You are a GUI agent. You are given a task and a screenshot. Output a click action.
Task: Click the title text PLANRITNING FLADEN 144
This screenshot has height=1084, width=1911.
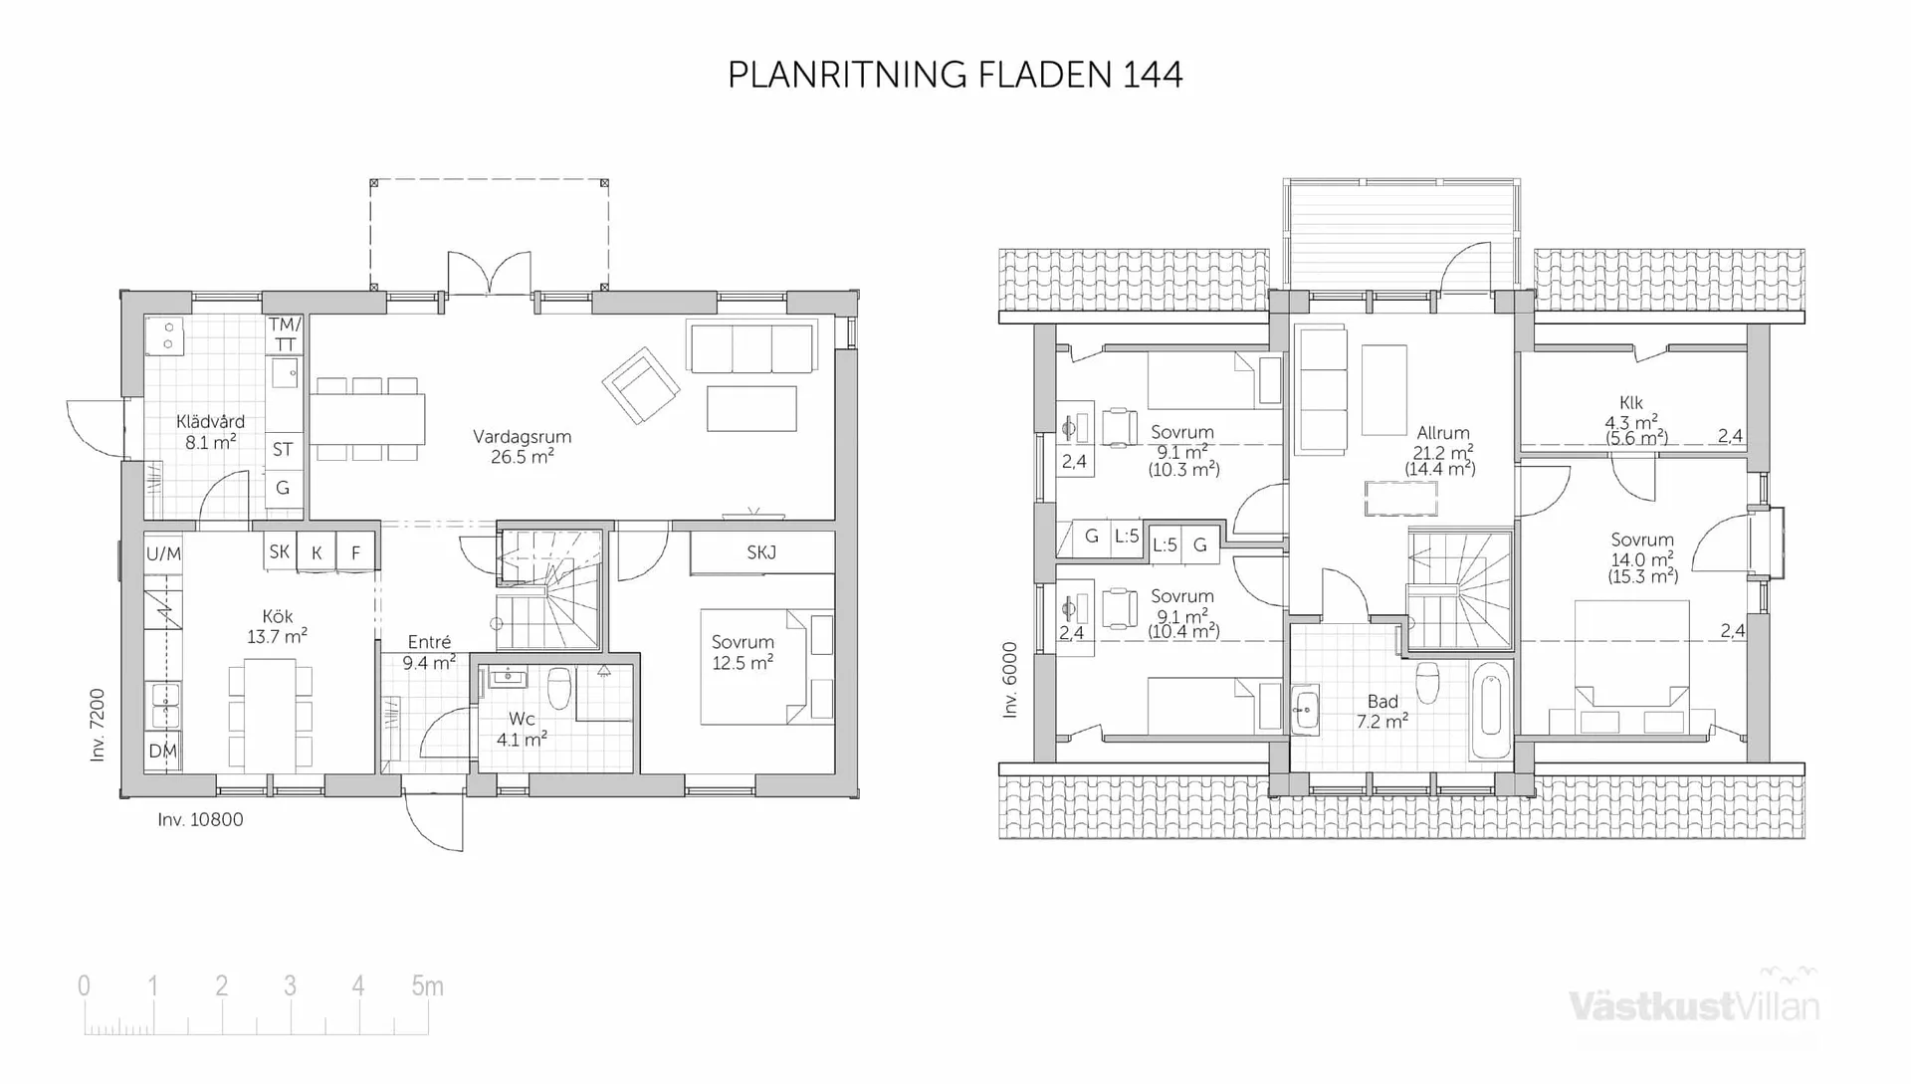click(955, 76)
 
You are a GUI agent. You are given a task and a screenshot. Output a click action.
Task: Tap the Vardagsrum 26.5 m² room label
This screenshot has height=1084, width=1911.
click(522, 447)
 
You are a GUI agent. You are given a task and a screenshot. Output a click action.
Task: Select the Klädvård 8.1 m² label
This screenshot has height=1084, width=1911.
click(210, 432)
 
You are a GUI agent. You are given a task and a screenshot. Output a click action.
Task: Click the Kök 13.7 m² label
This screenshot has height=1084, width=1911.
click(278, 626)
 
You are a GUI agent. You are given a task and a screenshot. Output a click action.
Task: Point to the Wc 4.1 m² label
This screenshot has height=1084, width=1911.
click(522, 729)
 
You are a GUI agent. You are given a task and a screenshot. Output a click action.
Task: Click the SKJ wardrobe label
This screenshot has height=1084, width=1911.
click(761, 552)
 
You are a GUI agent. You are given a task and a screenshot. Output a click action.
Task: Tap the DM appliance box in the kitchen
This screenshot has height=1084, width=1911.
click(162, 751)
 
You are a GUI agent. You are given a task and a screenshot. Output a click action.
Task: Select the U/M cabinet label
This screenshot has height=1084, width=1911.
click(163, 553)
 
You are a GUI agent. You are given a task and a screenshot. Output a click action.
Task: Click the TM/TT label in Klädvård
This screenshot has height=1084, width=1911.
click(285, 334)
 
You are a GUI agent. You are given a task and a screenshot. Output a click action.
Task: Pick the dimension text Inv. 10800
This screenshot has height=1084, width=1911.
click(200, 819)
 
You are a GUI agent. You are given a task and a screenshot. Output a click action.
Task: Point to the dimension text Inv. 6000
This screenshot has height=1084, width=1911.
click(1010, 680)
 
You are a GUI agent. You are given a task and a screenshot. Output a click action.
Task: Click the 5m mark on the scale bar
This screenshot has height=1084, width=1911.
click(427, 986)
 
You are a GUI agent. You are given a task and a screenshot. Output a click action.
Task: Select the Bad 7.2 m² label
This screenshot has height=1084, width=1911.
click(1381, 712)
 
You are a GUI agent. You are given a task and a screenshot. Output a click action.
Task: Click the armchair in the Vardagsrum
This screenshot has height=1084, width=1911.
click(640, 383)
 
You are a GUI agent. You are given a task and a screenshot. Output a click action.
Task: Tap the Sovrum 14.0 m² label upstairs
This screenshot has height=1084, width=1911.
click(1642, 557)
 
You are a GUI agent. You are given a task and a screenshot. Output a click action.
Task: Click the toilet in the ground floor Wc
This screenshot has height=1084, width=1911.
click(559, 688)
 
